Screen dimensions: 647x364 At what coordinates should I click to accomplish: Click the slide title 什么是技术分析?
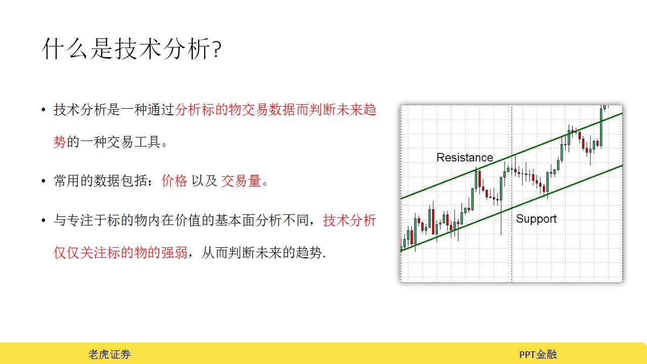pyautogui.click(x=132, y=49)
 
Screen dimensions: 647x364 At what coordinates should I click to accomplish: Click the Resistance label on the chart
pyautogui.click(x=465, y=157)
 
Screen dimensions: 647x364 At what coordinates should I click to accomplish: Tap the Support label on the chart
pyautogui.click(x=536, y=219)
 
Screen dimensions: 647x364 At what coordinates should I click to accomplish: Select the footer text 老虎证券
pyautogui.click(x=110, y=354)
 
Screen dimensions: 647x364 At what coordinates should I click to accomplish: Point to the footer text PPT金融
pyautogui.click(x=538, y=354)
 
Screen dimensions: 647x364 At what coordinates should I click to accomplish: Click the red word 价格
pyautogui.click(x=174, y=181)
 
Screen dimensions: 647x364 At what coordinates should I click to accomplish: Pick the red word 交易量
pyautogui.click(x=241, y=181)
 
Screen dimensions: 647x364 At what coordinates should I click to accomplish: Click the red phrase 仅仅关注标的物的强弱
pyautogui.click(x=120, y=252)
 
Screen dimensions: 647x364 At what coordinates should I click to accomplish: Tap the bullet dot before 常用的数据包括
pyautogui.click(x=43, y=181)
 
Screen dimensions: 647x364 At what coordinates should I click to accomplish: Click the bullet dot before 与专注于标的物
pyautogui.click(x=43, y=221)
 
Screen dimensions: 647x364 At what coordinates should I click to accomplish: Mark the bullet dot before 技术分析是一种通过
pyautogui.click(x=43, y=110)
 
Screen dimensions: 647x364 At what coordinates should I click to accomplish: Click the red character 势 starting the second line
pyautogui.click(x=60, y=142)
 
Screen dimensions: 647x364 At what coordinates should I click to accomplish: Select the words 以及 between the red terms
pyautogui.click(x=204, y=181)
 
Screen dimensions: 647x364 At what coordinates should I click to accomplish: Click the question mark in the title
pyautogui.click(x=217, y=50)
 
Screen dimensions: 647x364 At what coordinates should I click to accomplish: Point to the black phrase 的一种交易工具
pyautogui.click(x=114, y=142)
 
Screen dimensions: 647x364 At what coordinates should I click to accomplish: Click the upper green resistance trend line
pyautogui.click(x=512, y=156)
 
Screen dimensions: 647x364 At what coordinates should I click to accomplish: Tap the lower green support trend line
pyautogui.click(x=512, y=208)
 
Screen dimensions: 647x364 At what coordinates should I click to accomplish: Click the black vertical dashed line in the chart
pyautogui.click(x=512, y=194)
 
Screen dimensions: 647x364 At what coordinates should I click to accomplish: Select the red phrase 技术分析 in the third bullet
pyautogui.click(x=349, y=220)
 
